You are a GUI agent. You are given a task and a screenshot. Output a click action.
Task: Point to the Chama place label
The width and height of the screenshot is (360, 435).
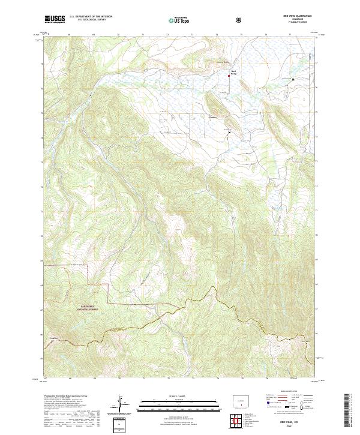[x=213, y=117]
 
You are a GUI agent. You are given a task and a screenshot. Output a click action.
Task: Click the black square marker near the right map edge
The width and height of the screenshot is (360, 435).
[x=293, y=79]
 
